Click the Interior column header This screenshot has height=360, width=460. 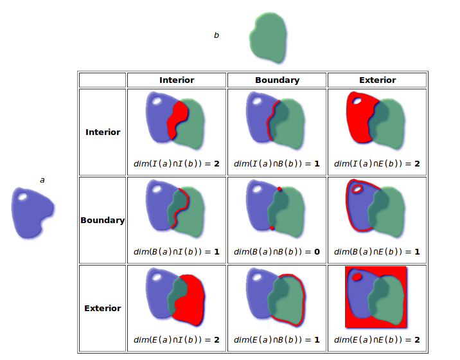click(177, 80)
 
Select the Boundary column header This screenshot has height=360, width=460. click(277, 80)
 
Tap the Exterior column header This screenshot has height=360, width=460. click(377, 80)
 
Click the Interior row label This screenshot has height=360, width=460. click(103, 132)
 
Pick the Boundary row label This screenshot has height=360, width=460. click(103, 221)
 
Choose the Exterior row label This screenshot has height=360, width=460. click(103, 309)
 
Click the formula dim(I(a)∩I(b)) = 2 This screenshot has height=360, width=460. click(177, 164)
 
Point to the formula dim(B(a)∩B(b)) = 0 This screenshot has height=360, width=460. click(277, 252)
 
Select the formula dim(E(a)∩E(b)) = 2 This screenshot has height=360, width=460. click(377, 340)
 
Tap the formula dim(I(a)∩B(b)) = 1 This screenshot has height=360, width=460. click(277, 164)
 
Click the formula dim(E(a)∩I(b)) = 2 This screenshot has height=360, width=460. click(177, 340)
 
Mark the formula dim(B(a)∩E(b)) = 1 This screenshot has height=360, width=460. click(377, 252)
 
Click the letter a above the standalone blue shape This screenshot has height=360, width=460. click(42, 180)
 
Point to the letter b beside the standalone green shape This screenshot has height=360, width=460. click(217, 35)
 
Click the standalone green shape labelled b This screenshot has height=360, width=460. click(268, 39)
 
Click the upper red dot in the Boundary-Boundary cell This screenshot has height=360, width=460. click(280, 188)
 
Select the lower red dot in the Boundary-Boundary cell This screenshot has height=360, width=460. click(272, 228)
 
